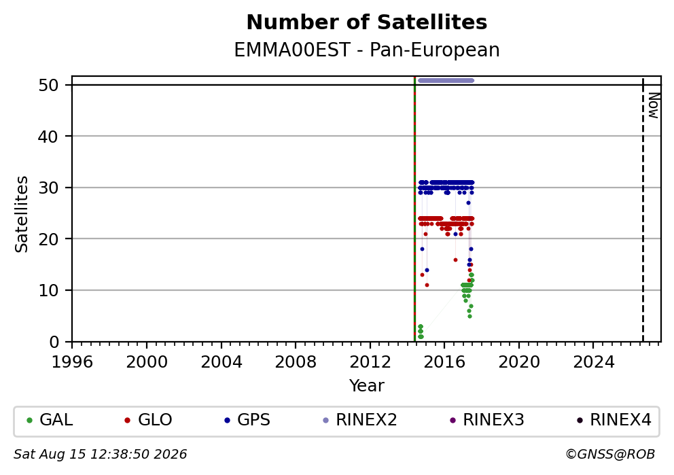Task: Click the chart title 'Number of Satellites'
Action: tap(367, 22)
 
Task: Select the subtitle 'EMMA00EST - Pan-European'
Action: tap(367, 50)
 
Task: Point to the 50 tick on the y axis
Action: tap(48, 85)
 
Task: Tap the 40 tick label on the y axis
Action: tap(48, 137)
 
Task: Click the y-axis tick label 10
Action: tap(48, 291)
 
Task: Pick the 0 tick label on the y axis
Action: tap(54, 342)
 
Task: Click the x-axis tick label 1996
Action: tap(72, 362)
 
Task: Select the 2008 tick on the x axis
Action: tap(296, 362)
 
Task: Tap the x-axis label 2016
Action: tap(444, 362)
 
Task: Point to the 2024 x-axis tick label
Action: tap(594, 362)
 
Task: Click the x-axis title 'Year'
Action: tap(367, 385)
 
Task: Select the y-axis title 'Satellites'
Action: tap(22, 214)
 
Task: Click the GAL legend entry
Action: tap(50, 420)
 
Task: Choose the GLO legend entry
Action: tap(148, 420)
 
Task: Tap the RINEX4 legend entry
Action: tap(614, 420)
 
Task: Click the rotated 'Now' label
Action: tap(654, 106)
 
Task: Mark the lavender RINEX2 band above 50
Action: tap(446, 80)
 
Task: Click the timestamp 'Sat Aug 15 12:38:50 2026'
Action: tap(100, 455)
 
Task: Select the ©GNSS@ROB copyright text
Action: tap(610, 455)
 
